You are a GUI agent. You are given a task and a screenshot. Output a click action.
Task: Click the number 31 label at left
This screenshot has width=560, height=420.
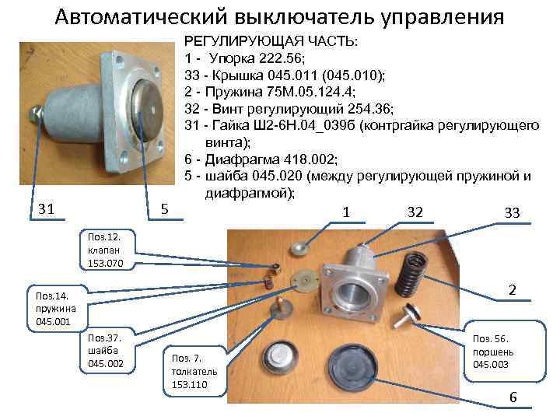pyautogui.click(x=47, y=208)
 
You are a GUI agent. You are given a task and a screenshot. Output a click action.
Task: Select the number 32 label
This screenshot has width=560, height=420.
pyautogui.click(x=415, y=212)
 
